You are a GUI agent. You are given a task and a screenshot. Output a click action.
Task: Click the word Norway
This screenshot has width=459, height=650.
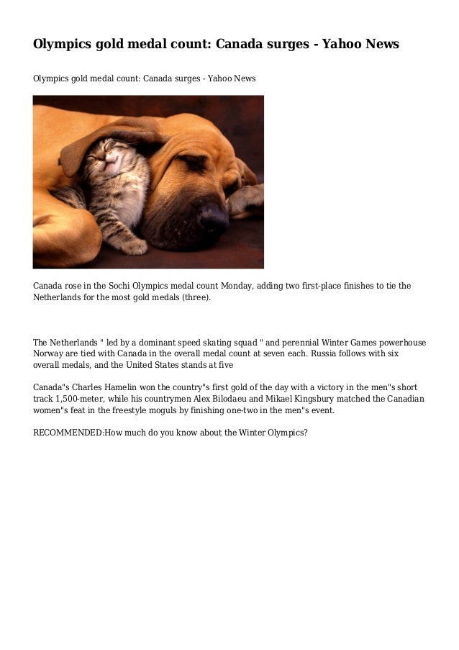tap(50, 355)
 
